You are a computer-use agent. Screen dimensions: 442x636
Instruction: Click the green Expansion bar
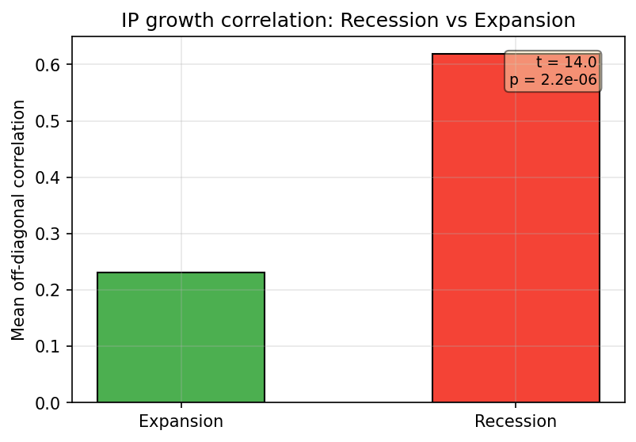181,337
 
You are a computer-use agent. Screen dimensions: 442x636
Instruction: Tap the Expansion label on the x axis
181,421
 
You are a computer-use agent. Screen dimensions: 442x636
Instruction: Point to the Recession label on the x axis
516,421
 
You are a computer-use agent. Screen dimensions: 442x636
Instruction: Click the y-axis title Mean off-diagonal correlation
19,220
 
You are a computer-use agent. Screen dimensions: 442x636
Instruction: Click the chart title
348,21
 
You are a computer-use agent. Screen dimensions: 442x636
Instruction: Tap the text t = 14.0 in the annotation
566,63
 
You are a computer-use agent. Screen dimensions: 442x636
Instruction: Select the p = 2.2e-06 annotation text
553,79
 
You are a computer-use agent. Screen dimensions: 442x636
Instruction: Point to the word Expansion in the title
532,21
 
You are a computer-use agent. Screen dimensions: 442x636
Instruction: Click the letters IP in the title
130,21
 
